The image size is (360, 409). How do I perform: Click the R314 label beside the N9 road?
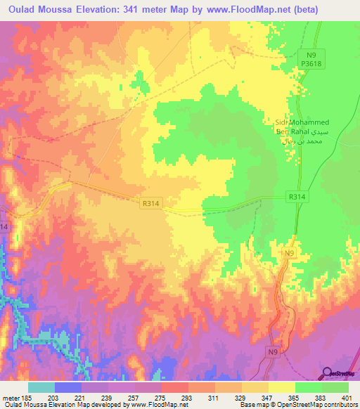(296, 198)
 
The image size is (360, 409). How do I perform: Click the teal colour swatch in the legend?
(41, 387)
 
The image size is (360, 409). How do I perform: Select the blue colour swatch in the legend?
(68, 387)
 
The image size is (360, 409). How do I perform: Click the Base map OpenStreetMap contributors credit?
(297, 405)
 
